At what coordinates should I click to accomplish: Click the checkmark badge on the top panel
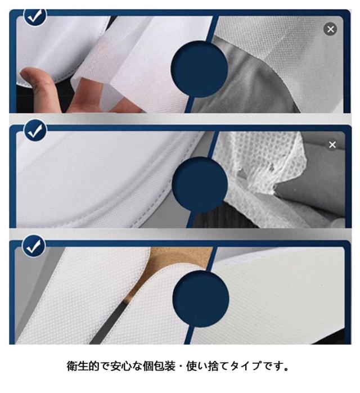35,16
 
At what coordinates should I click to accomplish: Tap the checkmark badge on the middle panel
35,130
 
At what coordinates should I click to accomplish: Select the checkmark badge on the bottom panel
34,246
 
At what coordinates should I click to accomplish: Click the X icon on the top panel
330,29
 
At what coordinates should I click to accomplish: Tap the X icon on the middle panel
332,144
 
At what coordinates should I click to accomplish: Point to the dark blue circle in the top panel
199,69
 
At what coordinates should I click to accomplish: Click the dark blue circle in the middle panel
200,185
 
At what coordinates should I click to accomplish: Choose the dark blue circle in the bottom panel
201,299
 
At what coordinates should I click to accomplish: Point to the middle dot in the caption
181,367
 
